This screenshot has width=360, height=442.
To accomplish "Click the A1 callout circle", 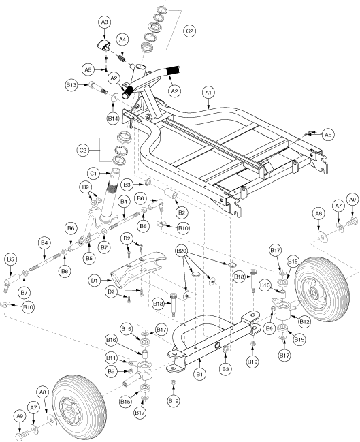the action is (208, 93).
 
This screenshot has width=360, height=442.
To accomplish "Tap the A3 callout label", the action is (105, 22).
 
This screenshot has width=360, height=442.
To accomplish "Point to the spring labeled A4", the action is (121, 59).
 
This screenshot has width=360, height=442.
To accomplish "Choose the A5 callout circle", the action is (88, 69).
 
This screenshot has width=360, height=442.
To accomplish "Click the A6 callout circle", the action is (328, 135).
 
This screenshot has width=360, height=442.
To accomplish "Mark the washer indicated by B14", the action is (114, 97).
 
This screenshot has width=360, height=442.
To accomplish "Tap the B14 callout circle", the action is (113, 119).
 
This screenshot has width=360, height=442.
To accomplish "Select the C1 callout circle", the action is (94, 174).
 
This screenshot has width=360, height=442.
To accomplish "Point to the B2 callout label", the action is (182, 212).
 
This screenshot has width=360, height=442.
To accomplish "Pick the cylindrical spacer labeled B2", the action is (171, 195).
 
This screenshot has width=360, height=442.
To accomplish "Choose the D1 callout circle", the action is (94, 281).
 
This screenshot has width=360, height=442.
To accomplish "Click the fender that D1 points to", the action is (137, 267).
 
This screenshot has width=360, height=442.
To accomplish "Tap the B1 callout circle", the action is (199, 374).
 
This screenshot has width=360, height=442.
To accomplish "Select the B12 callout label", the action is (305, 321).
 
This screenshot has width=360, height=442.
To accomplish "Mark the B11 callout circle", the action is (112, 358).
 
